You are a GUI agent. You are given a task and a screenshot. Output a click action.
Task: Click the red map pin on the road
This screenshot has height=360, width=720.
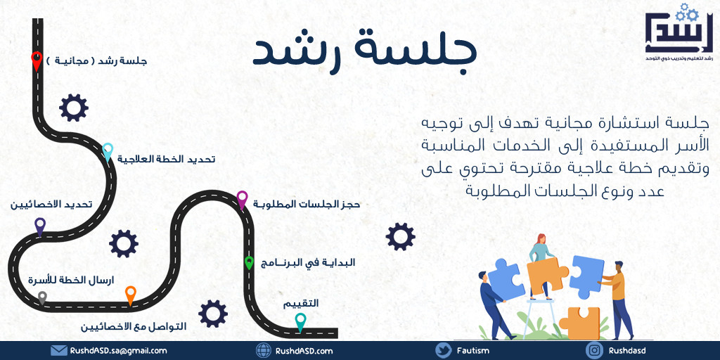tap(37, 61)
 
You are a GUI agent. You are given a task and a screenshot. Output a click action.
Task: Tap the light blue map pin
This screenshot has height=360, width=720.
tap(108, 152)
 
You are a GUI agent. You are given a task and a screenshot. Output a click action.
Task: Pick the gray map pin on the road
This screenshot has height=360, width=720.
tap(42, 298)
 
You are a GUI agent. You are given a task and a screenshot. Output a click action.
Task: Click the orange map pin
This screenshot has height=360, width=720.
tap(131, 295)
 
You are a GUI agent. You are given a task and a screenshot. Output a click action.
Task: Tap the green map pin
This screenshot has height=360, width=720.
tap(249, 263)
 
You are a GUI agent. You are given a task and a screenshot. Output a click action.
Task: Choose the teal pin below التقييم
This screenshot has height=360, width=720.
tap(300, 322)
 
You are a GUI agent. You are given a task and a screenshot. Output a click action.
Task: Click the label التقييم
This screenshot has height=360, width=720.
tap(300, 304)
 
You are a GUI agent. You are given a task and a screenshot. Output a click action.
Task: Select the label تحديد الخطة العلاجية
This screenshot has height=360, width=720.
tap(166, 160)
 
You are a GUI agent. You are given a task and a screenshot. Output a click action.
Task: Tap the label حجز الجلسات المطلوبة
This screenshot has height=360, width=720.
tap(307, 205)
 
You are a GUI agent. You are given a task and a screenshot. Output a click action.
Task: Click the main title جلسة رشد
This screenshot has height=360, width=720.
tap(365, 52)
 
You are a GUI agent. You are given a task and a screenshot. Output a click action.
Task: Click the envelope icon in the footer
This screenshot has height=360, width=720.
tap(59, 351)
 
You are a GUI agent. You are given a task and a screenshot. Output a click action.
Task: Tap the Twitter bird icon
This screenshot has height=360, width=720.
tap(444, 350)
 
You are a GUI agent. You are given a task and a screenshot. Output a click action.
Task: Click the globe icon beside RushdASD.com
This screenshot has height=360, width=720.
tap(264, 350)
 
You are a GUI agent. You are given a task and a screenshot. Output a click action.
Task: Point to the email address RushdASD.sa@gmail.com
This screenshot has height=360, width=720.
tap(118, 351)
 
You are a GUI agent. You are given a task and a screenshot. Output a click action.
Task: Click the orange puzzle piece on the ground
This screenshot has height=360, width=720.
tap(579, 323)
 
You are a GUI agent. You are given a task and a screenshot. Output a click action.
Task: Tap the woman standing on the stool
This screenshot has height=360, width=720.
tap(541, 266)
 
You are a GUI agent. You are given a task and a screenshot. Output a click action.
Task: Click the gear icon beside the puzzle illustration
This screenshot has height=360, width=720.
tap(400, 236)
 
